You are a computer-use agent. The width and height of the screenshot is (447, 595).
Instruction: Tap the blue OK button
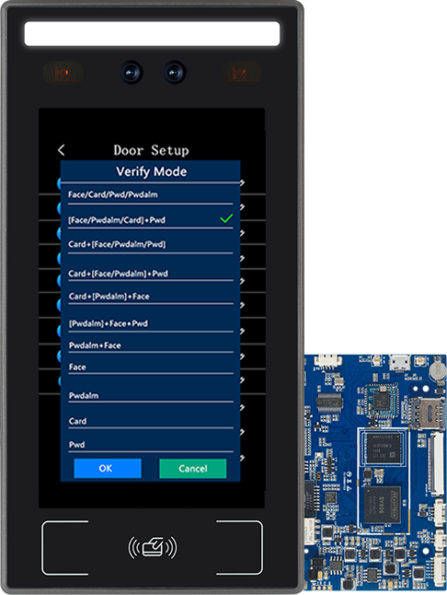108,468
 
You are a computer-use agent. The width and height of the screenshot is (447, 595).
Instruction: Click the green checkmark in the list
226,218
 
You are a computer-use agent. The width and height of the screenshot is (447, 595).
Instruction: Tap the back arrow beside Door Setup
62,150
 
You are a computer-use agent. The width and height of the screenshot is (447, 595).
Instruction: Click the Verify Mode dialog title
151,171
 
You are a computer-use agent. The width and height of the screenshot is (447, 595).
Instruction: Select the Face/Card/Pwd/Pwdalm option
113,194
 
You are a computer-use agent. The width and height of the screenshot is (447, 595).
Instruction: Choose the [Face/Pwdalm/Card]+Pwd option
117,220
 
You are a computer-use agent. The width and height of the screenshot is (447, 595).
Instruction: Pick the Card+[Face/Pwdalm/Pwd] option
117,244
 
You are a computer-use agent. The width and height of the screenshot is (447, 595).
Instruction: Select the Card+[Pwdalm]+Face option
109,297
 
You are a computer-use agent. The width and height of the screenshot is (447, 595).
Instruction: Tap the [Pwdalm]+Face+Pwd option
109,323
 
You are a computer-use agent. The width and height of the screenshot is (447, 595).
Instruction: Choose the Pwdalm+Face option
95,345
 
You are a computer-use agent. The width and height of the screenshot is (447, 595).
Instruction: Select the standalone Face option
77,367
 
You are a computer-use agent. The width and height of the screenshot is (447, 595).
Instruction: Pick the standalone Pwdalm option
84,395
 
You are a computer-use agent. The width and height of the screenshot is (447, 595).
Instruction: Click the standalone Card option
77,421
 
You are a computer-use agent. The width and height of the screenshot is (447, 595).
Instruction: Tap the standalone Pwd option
77,444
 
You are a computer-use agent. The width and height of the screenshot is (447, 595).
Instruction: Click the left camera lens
132,72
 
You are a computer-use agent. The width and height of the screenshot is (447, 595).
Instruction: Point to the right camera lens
175,72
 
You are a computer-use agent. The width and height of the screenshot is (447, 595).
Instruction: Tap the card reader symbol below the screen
153,547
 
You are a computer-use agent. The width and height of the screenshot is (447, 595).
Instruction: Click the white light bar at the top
153,33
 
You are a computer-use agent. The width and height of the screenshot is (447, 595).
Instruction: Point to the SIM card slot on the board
428,413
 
